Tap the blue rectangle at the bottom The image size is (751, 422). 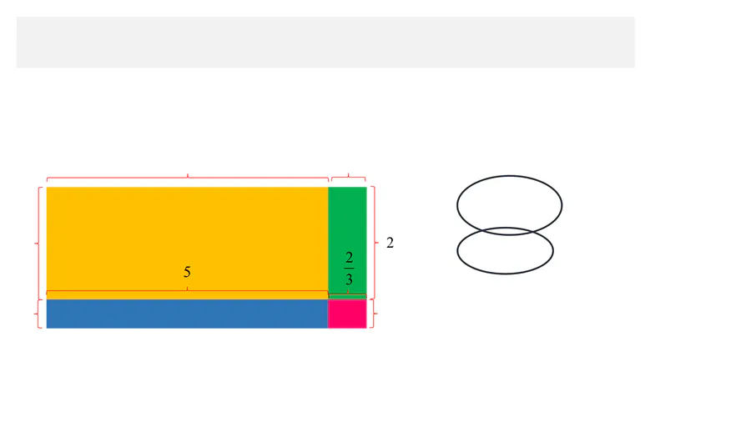(x=187, y=314)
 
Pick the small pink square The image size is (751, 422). (x=347, y=314)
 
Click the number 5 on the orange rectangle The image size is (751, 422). (x=187, y=272)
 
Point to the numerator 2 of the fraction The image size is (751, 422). (x=349, y=258)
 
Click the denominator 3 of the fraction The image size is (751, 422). (x=349, y=279)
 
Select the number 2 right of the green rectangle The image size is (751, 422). (x=390, y=243)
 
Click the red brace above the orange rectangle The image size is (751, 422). (x=187, y=178)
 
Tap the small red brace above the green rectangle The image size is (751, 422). (x=349, y=177)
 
